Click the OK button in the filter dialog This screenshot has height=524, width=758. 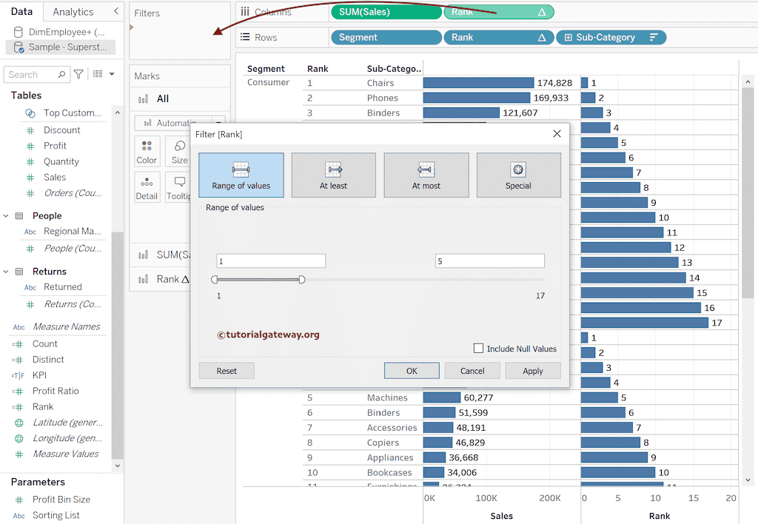412,371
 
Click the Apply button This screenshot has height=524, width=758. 532,371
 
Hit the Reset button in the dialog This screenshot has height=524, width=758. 227,371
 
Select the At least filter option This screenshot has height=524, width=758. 333,175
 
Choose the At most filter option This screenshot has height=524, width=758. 426,175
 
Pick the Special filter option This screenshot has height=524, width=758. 518,175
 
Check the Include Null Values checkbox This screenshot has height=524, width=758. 479,349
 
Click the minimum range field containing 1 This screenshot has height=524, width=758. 271,261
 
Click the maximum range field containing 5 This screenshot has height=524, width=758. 489,261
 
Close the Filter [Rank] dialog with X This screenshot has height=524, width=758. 557,134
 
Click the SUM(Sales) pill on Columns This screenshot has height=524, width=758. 385,12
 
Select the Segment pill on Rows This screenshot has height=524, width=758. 385,37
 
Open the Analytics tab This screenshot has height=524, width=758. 73,12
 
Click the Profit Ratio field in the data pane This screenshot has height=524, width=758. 56,391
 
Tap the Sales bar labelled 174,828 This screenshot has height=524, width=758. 478,83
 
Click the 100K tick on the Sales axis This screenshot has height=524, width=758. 486,498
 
